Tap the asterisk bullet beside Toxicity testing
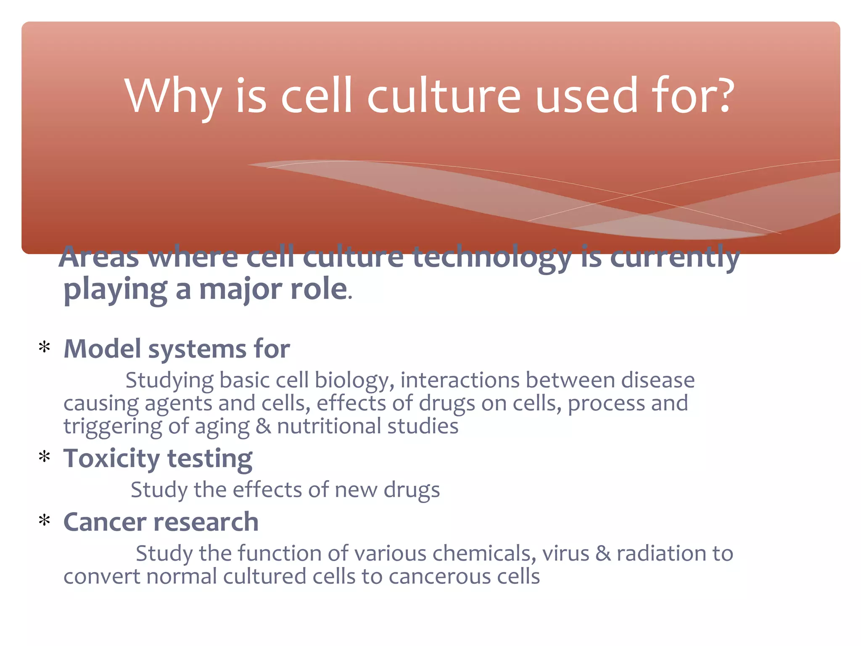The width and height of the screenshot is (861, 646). [x=44, y=457]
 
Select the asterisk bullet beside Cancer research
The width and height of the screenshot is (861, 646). [x=44, y=521]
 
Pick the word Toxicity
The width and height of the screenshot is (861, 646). [x=111, y=458]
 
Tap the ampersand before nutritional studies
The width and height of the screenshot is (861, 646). [x=263, y=426]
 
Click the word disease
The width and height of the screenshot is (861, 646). [x=658, y=380]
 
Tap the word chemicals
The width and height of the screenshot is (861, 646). [x=484, y=553]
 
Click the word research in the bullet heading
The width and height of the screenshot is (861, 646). [x=206, y=522]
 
